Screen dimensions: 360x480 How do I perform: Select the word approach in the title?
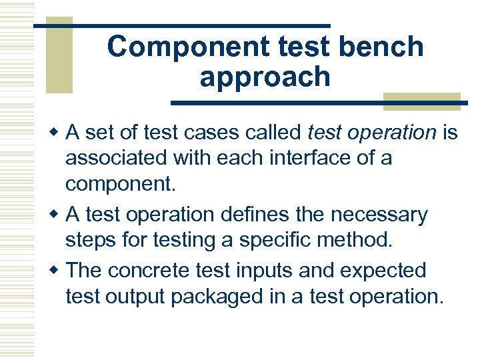pos(265,77)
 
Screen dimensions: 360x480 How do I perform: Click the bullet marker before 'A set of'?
pos(57,133)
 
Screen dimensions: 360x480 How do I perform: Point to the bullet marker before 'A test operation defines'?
pos(57,215)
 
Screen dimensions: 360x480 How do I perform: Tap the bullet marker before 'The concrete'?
pos(57,271)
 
